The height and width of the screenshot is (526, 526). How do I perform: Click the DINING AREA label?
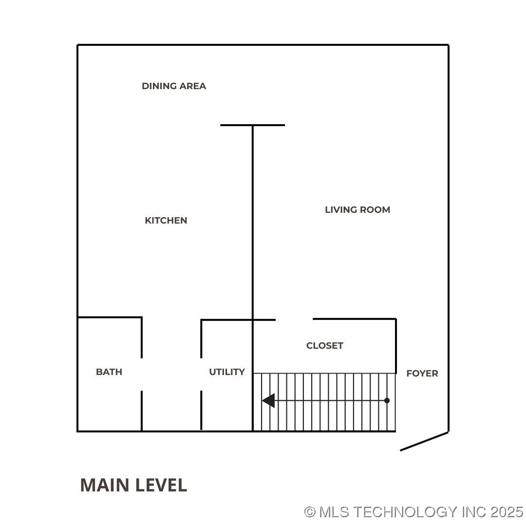coord(174,86)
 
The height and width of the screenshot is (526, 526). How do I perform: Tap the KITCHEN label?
coord(166,221)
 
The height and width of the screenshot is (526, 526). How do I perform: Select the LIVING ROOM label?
coord(357,210)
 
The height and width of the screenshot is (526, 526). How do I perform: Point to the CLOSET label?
coord(325,346)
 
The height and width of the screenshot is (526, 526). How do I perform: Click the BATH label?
coord(109,372)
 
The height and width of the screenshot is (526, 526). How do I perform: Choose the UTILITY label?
coord(227,372)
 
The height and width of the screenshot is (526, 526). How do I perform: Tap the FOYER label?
coord(422,374)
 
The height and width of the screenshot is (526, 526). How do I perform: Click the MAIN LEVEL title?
coord(133,485)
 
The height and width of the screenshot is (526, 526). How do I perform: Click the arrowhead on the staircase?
coord(268,400)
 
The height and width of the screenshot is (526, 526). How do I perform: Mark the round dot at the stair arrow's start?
coord(387,400)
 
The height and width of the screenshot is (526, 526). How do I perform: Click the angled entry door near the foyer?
coord(424,441)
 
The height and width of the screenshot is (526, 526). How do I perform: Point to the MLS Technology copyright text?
coord(413,512)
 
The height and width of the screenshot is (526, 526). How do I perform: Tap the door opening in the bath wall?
coord(142,374)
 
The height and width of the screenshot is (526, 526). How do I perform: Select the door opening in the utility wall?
coord(201,374)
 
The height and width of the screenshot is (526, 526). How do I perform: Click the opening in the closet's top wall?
coord(294,319)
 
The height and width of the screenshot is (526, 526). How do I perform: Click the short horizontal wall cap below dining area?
coord(252,125)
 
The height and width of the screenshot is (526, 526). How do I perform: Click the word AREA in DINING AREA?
coord(193,86)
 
